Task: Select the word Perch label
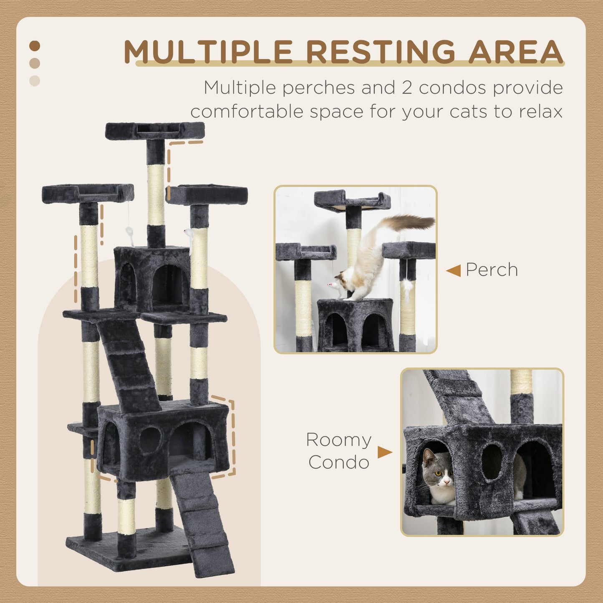click(x=492, y=270)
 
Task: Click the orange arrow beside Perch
click(x=454, y=270)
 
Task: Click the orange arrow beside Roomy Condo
click(x=384, y=452)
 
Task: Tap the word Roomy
click(x=338, y=440)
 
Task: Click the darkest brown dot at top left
click(x=35, y=45)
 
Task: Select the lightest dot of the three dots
click(x=35, y=81)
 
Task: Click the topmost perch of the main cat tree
click(x=155, y=131)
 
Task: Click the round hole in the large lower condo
click(x=150, y=440)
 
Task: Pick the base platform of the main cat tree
click(x=125, y=545)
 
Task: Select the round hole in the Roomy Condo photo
click(x=492, y=462)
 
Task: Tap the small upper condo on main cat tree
click(x=152, y=278)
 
